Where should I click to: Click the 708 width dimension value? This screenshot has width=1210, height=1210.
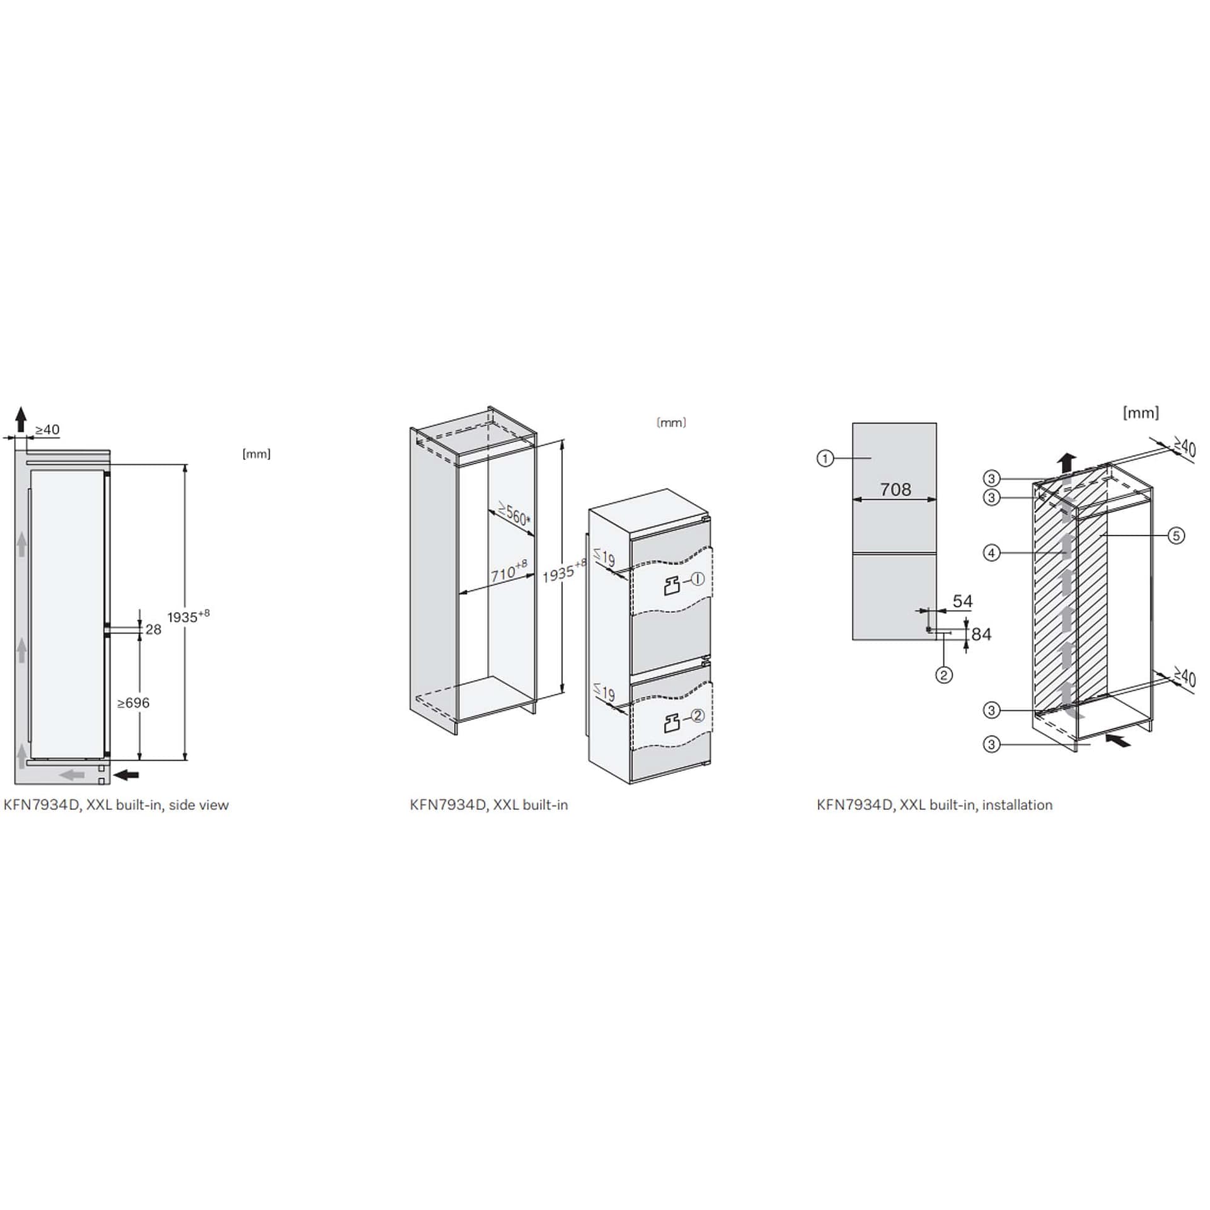(x=896, y=489)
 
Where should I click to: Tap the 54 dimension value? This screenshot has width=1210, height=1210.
(x=962, y=601)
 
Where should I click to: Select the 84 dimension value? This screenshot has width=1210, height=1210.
(x=981, y=634)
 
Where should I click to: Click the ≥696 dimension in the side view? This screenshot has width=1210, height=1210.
(x=134, y=703)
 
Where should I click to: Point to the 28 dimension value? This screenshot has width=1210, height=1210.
(x=153, y=629)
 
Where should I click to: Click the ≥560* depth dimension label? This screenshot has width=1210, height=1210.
(x=514, y=514)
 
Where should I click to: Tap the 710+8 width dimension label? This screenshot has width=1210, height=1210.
(x=509, y=571)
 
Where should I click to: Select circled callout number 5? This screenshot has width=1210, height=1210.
(x=1176, y=536)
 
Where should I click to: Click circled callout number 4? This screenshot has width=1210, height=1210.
(x=991, y=553)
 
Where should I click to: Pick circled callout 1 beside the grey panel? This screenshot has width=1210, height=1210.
(x=825, y=459)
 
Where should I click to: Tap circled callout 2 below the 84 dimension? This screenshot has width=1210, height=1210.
(x=943, y=675)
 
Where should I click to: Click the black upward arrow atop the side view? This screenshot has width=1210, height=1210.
(x=21, y=419)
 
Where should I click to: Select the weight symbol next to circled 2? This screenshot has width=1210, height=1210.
(x=672, y=722)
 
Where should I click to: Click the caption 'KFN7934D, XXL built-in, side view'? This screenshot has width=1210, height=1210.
(x=116, y=805)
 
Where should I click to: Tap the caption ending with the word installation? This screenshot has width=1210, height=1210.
(x=935, y=805)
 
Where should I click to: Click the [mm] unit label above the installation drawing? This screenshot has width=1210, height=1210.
(x=1141, y=413)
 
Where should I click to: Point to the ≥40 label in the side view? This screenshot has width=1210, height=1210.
(x=47, y=429)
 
